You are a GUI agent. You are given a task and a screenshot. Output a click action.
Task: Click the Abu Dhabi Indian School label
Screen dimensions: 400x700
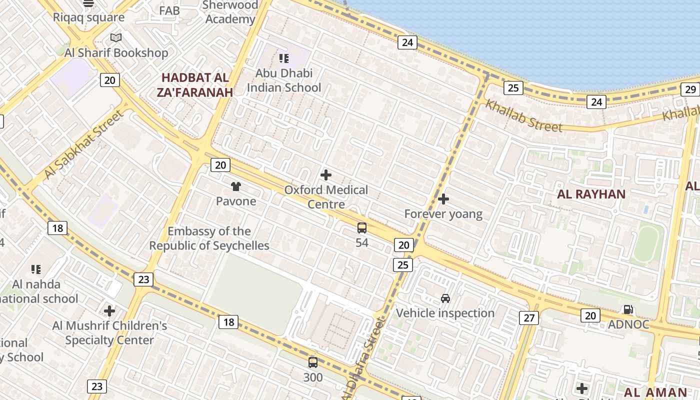point(284,80)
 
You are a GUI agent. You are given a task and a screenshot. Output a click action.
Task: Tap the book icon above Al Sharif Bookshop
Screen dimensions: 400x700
point(116,37)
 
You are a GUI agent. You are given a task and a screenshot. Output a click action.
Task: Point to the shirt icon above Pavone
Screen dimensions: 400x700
point(236,186)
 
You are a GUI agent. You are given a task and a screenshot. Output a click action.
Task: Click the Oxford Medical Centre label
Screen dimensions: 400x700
point(326,197)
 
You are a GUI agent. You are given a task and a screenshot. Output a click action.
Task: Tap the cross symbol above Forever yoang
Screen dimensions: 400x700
point(443,199)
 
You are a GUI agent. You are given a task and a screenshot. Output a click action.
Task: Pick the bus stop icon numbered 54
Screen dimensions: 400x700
point(362,228)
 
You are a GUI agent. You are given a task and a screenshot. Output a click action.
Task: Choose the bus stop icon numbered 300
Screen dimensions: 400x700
point(313,362)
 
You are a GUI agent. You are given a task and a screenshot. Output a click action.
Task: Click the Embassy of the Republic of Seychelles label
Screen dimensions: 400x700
point(209,238)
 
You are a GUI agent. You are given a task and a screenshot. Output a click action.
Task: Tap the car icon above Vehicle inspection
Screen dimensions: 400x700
point(445,298)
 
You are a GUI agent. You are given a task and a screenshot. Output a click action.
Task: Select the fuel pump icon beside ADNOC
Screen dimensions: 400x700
point(629,309)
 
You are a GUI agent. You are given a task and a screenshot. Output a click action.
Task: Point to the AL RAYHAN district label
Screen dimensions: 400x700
point(591,194)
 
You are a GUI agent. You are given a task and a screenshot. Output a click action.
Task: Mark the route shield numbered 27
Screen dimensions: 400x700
point(529,317)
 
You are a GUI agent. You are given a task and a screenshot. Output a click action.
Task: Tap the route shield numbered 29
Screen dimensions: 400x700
point(690,89)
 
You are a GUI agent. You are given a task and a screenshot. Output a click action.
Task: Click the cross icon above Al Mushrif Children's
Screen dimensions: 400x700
point(109,311)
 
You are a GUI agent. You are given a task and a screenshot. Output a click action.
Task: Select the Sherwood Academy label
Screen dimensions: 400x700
point(230,12)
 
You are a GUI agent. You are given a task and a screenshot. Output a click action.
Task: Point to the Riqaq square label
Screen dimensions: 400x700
point(88,17)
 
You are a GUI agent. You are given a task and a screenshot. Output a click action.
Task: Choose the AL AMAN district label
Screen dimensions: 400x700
point(655,392)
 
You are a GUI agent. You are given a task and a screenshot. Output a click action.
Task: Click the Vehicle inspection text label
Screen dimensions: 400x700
point(445,313)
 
